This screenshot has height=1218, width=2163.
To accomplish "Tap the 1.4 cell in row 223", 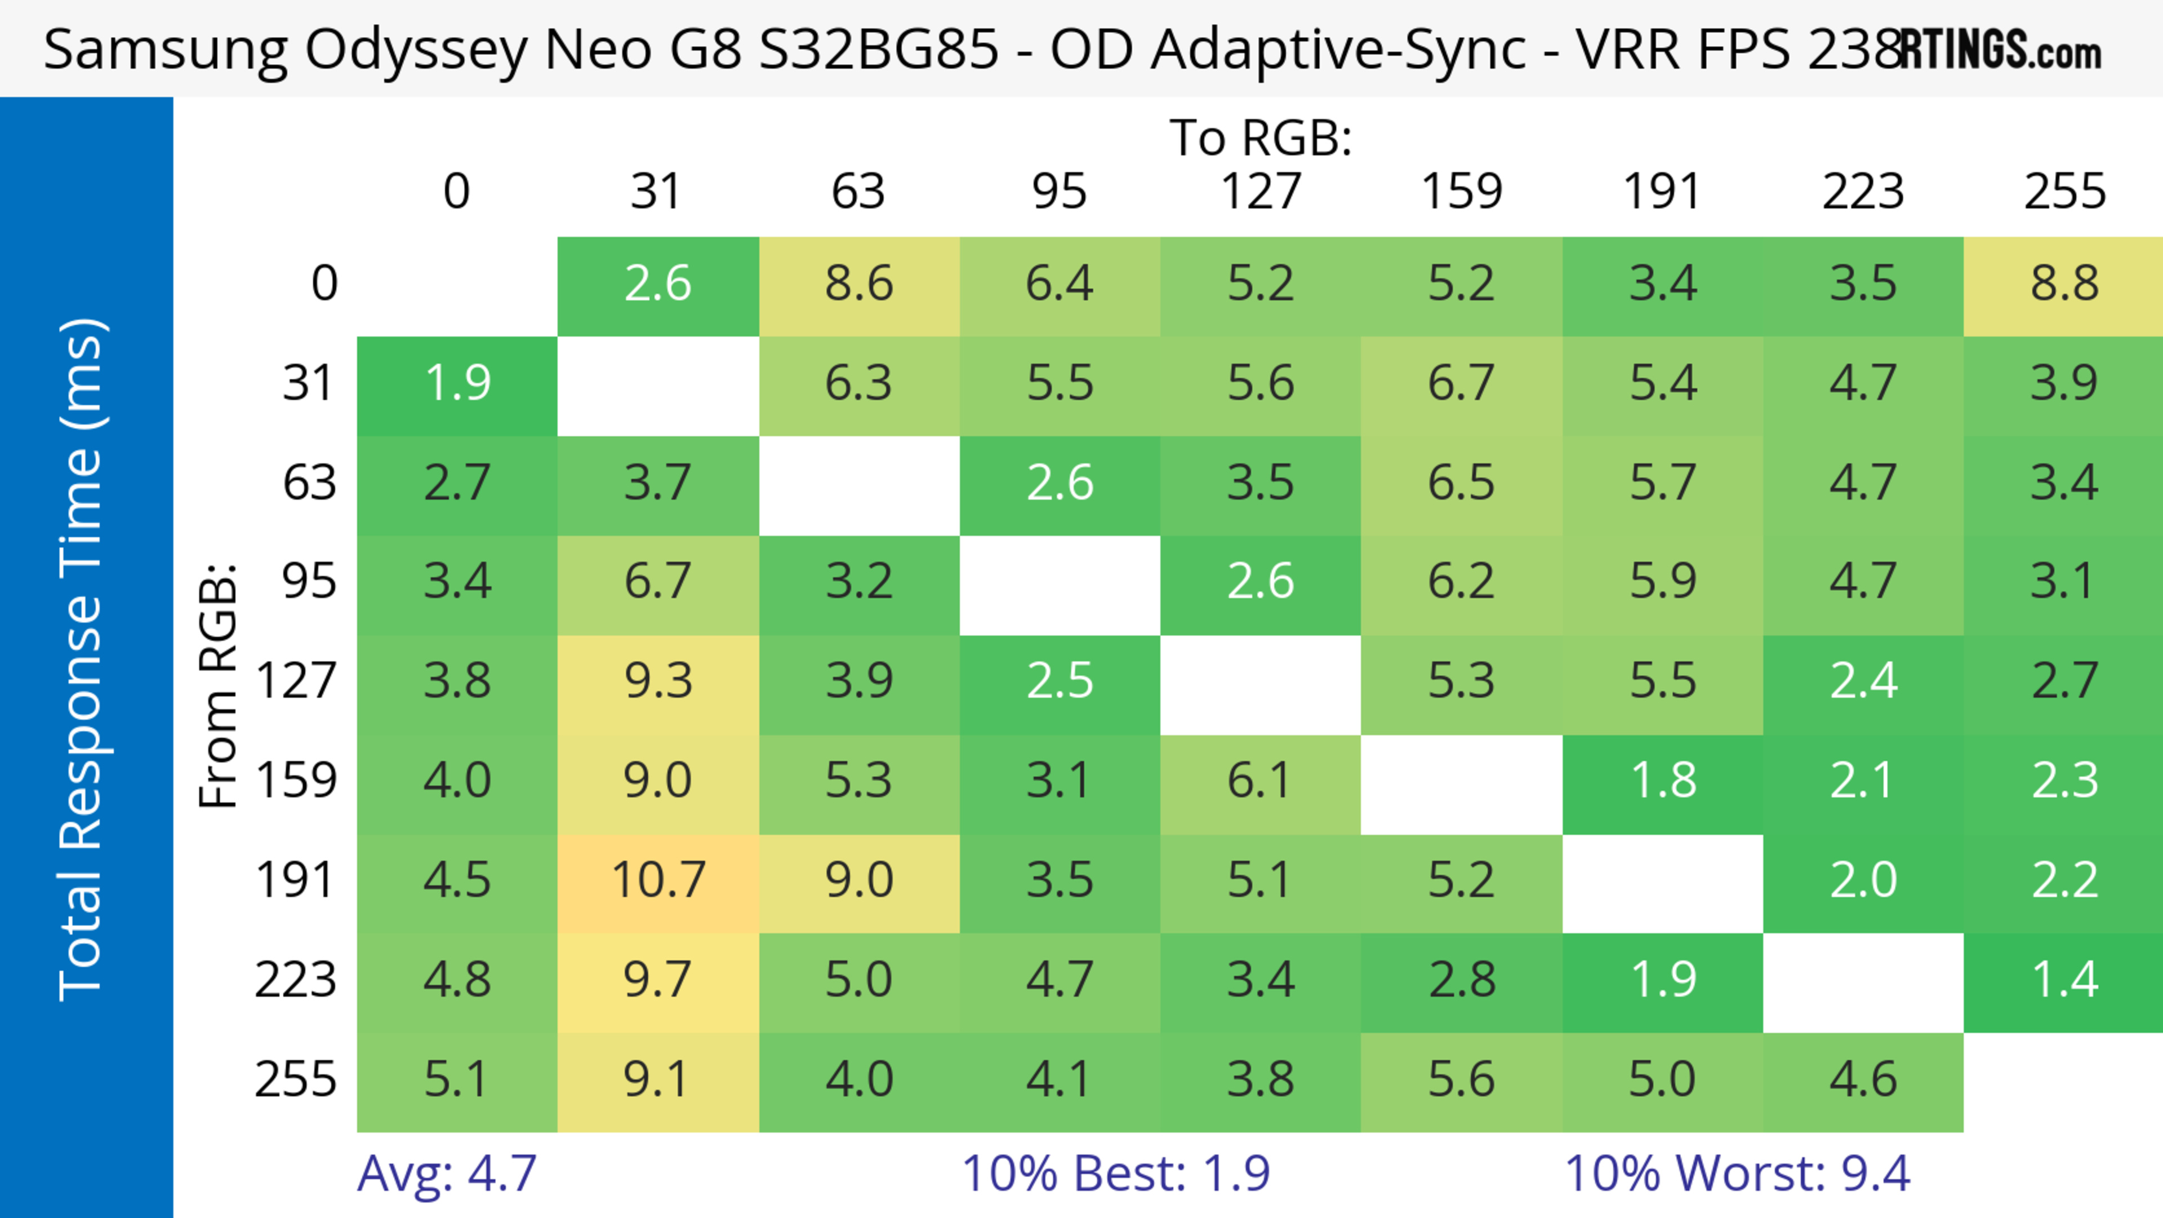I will (x=2064, y=980).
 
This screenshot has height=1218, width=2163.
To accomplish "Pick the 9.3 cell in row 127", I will (x=658, y=680).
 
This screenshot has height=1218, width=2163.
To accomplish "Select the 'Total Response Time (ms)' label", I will (x=82, y=659).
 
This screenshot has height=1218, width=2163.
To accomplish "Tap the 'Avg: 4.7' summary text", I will (x=447, y=1173).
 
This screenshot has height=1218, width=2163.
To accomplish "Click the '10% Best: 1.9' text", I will (x=1115, y=1173).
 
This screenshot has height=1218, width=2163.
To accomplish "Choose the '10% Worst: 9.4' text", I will (x=1737, y=1173).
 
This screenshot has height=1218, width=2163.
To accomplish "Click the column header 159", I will (x=1461, y=192).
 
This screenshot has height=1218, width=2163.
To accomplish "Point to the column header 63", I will (x=858, y=192).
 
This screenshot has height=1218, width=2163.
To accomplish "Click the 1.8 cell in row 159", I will (x=1663, y=781).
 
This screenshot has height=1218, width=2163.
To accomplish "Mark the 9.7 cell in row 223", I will (x=658, y=980).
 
